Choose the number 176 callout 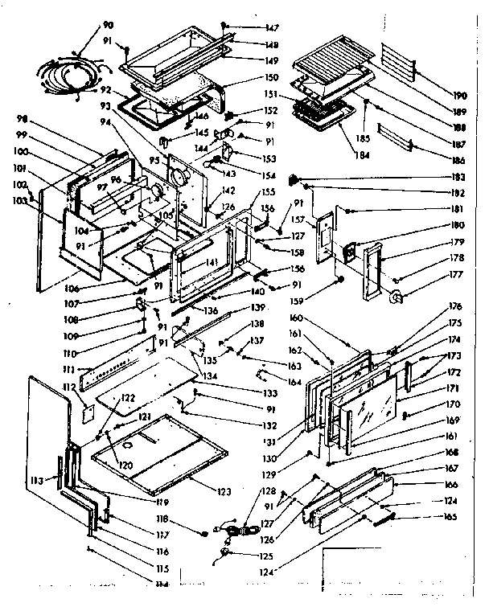(x=456, y=306)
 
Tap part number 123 (x=224, y=492)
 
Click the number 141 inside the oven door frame (x=212, y=263)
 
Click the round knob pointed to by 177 (x=395, y=298)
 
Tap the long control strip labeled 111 (x=113, y=372)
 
